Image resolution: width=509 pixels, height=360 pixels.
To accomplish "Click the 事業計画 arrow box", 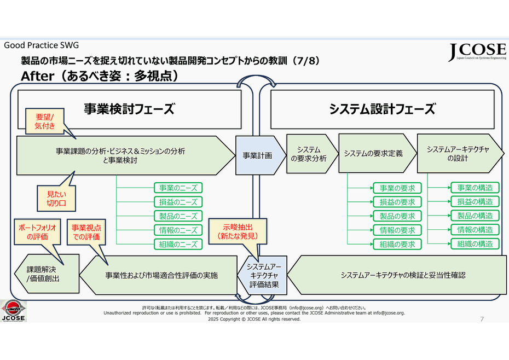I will (x=257, y=155).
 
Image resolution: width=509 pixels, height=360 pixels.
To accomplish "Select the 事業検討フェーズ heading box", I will (x=129, y=109).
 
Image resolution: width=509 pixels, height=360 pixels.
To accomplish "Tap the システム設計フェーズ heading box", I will (x=382, y=109).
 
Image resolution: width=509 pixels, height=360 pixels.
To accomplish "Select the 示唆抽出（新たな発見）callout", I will (x=240, y=231).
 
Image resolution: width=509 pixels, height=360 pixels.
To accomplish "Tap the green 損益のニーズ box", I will (x=178, y=202).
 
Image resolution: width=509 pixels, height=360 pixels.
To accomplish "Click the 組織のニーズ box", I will (x=178, y=245).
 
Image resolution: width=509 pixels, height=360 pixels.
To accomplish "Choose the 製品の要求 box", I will (x=397, y=216).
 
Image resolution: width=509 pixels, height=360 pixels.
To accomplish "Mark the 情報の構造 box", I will (x=475, y=230).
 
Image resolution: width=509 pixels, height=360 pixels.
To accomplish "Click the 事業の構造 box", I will (x=475, y=188).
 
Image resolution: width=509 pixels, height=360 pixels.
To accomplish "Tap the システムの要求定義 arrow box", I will (x=374, y=154).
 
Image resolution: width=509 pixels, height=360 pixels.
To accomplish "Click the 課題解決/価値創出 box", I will (x=47, y=275).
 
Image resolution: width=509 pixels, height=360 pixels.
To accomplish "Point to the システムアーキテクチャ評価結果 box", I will (x=264, y=275).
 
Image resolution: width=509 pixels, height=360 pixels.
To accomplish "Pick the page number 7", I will (x=482, y=319).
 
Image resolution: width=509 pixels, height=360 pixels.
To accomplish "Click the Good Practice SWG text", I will (x=42, y=45).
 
